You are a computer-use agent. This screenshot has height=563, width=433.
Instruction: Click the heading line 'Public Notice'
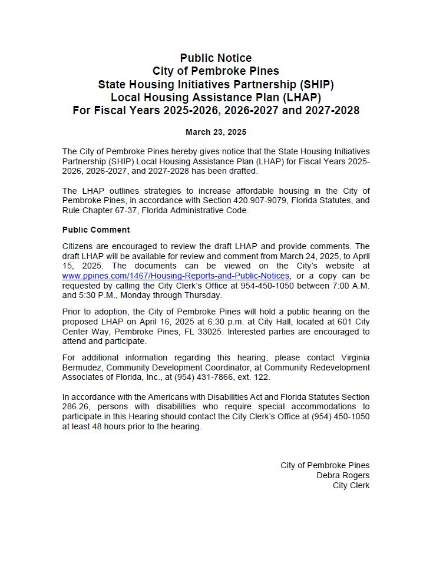pyautogui.click(x=216, y=58)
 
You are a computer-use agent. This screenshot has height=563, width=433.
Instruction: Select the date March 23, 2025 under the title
pyautogui.click(x=216, y=132)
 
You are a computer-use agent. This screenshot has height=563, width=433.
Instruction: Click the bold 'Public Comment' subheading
pyautogui.click(x=96, y=230)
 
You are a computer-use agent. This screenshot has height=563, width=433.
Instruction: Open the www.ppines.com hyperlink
pyautogui.click(x=176, y=276)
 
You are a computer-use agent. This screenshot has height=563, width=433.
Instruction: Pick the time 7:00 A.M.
pyautogui.click(x=349, y=285)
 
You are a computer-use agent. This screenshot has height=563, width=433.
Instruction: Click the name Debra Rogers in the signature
pyautogui.click(x=343, y=475)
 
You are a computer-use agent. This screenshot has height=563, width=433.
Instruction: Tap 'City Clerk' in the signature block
pyautogui.click(x=351, y=485)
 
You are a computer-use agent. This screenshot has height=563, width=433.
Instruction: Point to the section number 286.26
pyautogui.click(x=75, y=406)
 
